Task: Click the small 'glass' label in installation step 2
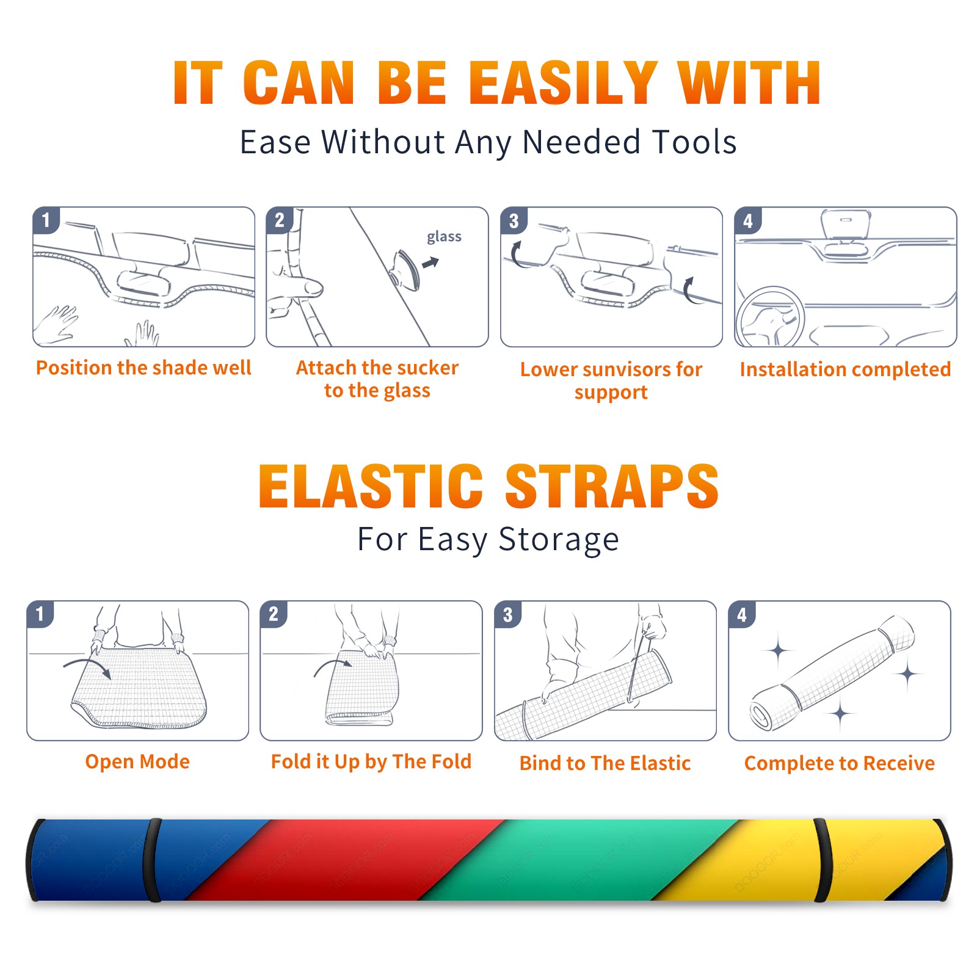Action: [444, 237]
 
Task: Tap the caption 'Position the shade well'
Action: [143, 368]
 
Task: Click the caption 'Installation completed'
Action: [845, 369]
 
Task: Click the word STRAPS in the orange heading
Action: [612, 486]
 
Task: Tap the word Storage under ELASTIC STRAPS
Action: [559, 540]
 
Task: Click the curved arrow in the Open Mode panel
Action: [87, 666]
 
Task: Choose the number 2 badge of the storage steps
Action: [274, 614]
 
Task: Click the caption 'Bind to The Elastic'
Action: [605, 763]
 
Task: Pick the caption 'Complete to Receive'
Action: [839, 763]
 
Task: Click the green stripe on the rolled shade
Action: [580, 860]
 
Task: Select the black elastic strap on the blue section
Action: [151, 860]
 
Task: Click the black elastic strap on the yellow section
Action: [822, 860]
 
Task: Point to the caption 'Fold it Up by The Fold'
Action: [371, 762]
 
